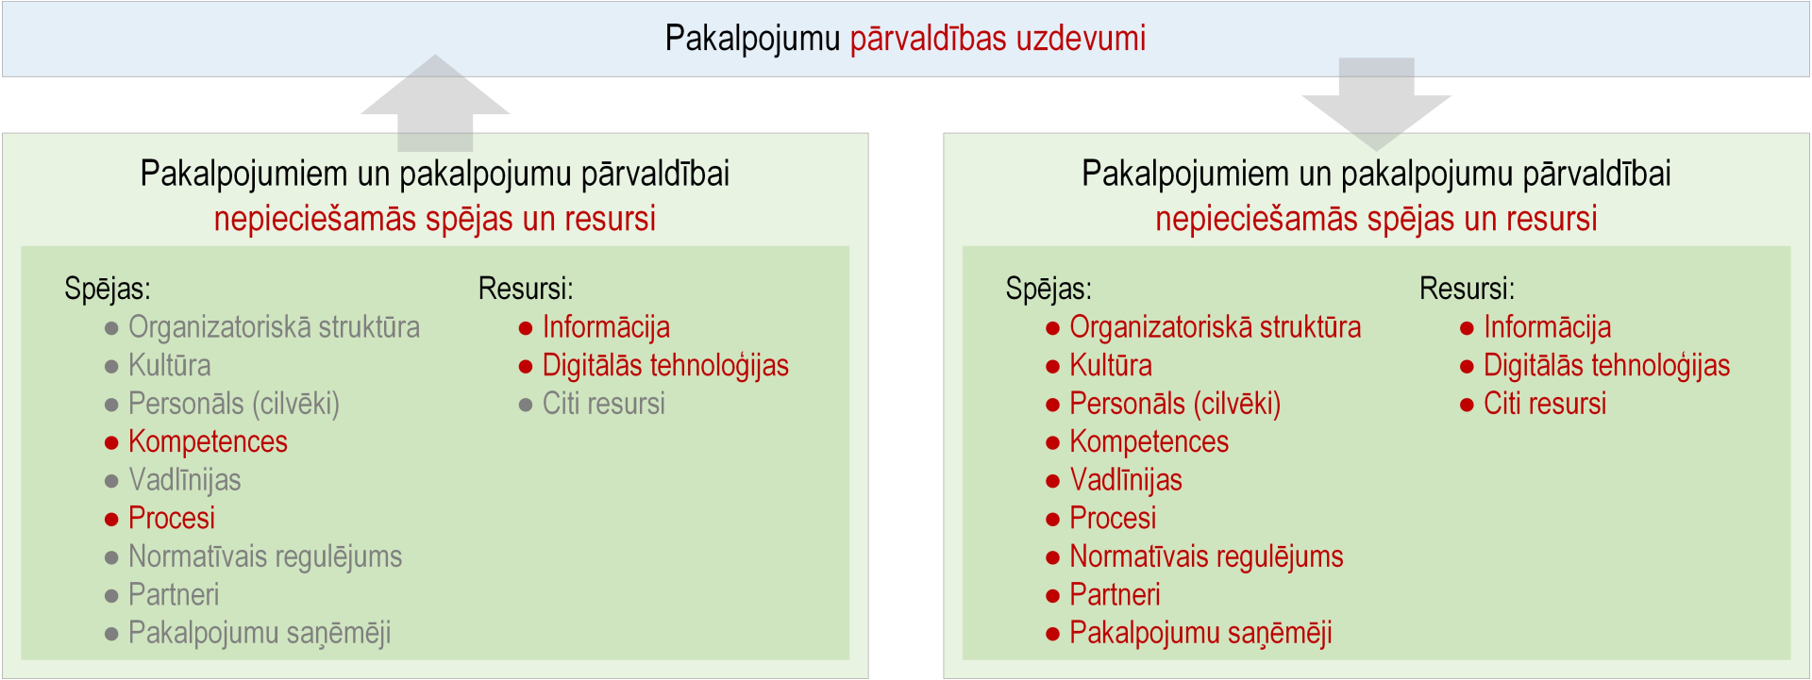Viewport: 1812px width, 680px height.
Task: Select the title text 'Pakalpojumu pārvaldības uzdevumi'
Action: [x=905, y=39]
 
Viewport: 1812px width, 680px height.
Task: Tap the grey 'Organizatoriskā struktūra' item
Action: [x=274, y=327]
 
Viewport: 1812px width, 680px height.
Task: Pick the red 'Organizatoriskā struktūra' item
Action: [x=1216, y=327]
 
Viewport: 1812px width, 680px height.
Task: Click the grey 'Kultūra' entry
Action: [x=170, y=365]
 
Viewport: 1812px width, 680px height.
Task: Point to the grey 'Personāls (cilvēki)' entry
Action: [x=234, y=404]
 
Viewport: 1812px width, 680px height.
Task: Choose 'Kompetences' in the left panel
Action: [x=208, y=441]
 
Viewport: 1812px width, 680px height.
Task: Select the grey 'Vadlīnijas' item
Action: [x=185, y=480]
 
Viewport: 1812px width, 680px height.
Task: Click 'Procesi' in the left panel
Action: [x=172, y=518]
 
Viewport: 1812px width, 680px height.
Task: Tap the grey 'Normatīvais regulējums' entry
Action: [x=265, y=556]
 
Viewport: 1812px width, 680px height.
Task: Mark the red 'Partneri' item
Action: [x=1115, y=594]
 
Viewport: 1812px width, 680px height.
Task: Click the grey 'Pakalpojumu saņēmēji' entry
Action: [x=260, y=633]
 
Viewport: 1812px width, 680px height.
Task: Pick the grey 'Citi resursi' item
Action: [x=604, y=404]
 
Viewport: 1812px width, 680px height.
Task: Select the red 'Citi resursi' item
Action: [x=1545, y=404]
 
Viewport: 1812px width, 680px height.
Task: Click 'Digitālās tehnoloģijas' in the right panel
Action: [x=1606, y=365]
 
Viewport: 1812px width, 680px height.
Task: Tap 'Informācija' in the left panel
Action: [x=606, y=327]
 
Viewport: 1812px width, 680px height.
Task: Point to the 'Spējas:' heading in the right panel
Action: [x=1049, y=289]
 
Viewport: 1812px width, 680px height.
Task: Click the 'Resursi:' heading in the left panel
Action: [x=526, y=289]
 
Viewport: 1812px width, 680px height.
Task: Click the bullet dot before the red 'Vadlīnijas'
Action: [x=1053, y=481]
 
